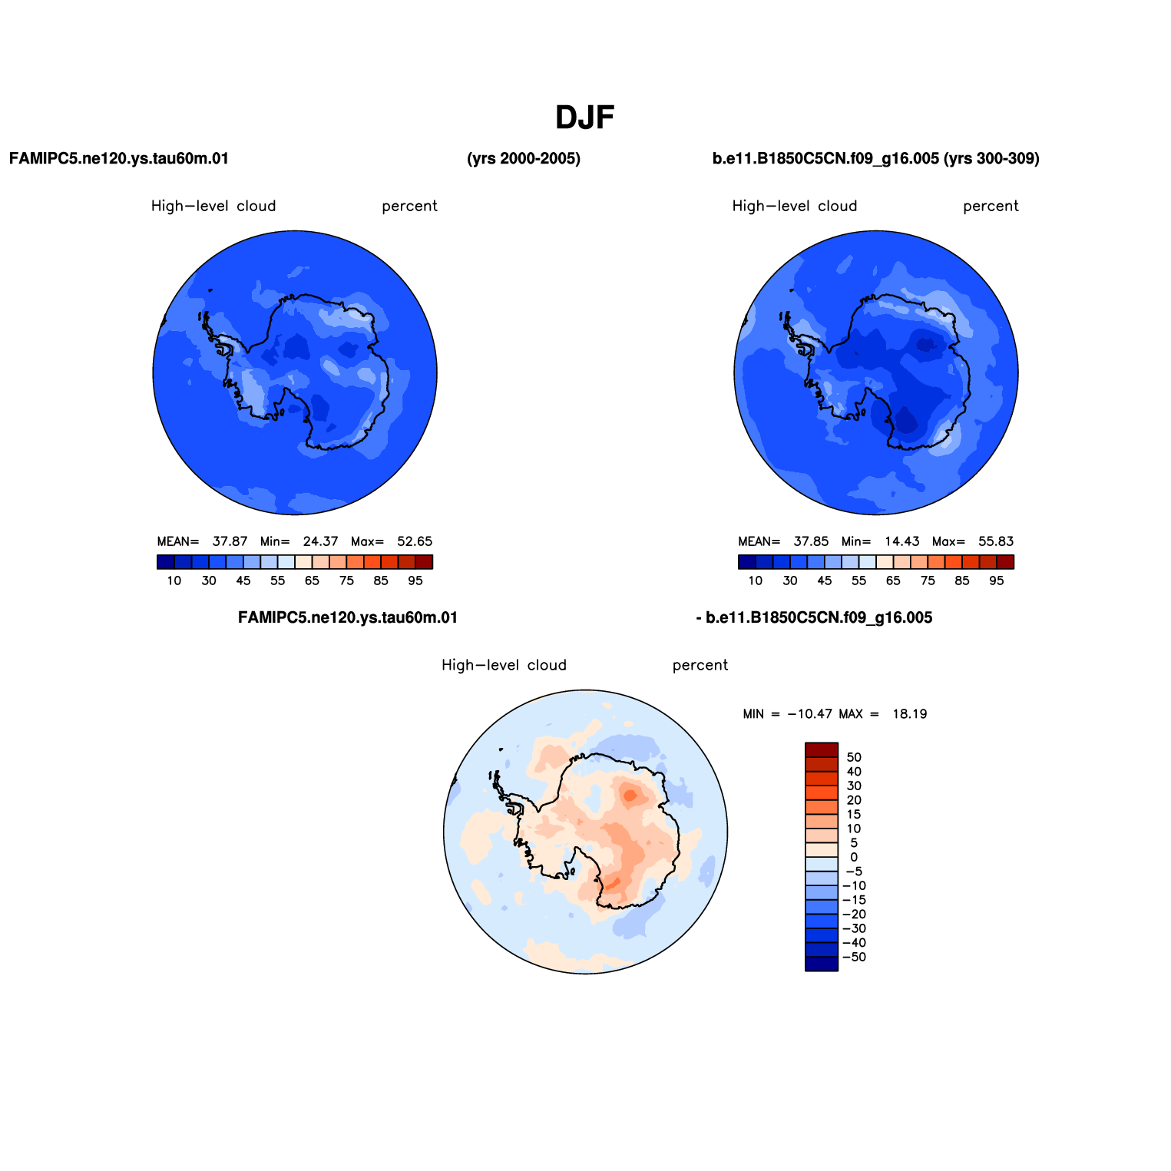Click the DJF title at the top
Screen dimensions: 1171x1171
pos(585,117)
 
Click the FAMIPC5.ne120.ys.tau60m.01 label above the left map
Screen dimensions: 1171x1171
pos(119,159)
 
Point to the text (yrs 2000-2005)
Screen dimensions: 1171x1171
pos(524,159)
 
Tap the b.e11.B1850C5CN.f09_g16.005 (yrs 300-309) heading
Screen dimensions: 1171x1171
pos(876,159)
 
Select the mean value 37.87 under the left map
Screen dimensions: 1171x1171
pos(230,541)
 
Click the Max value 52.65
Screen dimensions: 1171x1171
pos(415,541)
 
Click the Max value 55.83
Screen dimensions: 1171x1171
pos(996,541)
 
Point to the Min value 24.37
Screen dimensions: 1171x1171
pos(320,541)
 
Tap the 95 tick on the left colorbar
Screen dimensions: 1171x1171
pos(415,581)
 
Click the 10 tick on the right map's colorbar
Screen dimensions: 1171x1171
pos(756,581)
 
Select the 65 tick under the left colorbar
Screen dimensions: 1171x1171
pos(312,581)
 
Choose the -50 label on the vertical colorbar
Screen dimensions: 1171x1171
pos(854,957)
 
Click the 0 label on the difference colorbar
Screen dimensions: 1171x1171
pos(854,857)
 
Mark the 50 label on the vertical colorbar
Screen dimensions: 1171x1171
pos(854,757)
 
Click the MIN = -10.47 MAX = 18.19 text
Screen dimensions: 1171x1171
pos(835,714)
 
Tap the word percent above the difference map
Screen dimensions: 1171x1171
pos(700,666)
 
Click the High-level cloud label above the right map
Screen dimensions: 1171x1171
pos(795,206)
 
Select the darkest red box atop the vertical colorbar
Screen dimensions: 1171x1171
pos(822,750)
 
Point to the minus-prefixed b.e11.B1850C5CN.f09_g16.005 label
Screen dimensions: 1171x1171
pos(814,618)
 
